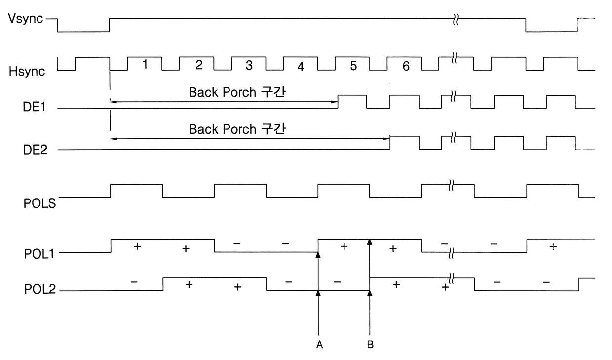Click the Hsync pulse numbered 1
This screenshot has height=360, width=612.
tap(145, 65)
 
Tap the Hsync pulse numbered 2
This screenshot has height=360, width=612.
tap(198, 65)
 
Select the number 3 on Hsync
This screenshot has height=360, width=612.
tap(249, 65)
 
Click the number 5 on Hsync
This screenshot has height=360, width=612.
tap(353, 66)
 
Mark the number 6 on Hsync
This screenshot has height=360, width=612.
tap(406, 67)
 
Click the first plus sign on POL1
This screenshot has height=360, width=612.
tap(138, 245)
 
